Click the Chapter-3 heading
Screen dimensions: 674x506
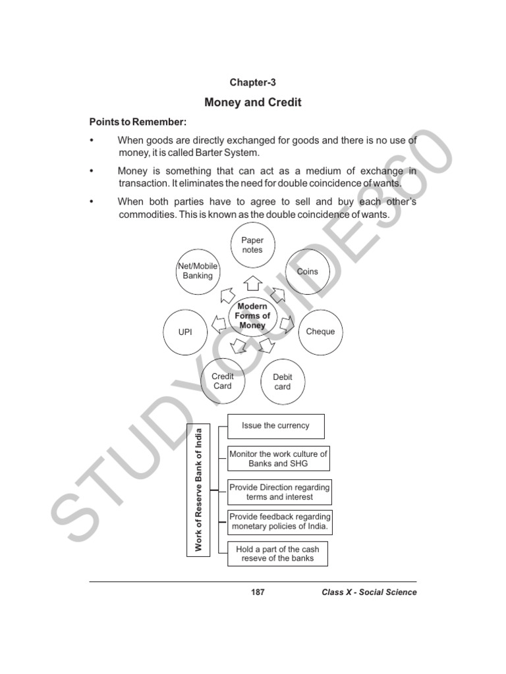(x=253, y=82)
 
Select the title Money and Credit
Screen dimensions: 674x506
(x=253, y=103)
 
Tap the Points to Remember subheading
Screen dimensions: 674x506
(x=138, y=123)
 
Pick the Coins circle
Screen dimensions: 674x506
(x=307, y=271)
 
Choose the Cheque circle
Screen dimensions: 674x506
(x=321, y=332)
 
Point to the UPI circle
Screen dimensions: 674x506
(x=185, y=332)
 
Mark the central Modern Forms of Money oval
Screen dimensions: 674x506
(x=252, y=317)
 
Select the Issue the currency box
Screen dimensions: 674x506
(x=276, y=426)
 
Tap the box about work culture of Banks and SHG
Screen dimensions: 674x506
(x=278, y=459)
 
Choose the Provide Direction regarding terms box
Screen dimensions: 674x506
(x=279, y=492)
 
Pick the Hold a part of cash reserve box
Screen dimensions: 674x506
(x=277, y=554)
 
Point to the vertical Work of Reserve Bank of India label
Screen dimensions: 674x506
(x=199, y=489)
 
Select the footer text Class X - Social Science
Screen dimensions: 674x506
(x=369, y=592)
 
